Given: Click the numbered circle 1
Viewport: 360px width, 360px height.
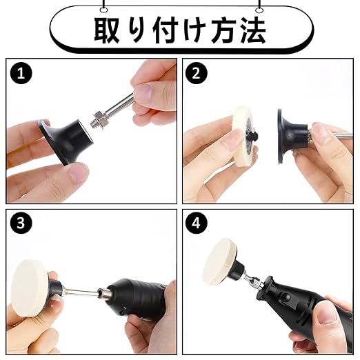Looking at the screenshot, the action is coord(21,73).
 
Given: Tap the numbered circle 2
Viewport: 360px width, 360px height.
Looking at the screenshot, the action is coord(197,73).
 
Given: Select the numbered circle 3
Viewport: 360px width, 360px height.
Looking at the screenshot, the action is coord(21,223).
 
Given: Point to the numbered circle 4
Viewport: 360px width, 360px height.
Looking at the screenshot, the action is coord(197,223).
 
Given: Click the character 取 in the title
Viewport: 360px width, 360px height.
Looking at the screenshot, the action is coord(106,30).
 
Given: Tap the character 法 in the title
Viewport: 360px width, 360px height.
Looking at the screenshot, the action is coord(253,30).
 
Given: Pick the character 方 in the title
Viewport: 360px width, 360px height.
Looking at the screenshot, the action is coord(223,30).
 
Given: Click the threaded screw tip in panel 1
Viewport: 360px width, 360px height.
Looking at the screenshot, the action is coord(94,123).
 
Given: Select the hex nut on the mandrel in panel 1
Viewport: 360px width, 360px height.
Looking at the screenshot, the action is coord(100,117).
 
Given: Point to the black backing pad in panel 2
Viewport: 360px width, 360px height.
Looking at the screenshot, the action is coord(291,136).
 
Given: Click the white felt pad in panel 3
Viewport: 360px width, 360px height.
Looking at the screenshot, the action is coord(30,292).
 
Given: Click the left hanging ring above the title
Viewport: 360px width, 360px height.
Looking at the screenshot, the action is coord(103,10).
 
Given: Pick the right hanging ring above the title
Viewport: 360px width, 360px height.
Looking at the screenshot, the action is coord(259,10).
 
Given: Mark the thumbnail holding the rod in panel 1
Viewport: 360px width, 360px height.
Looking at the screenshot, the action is coord(144,92).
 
